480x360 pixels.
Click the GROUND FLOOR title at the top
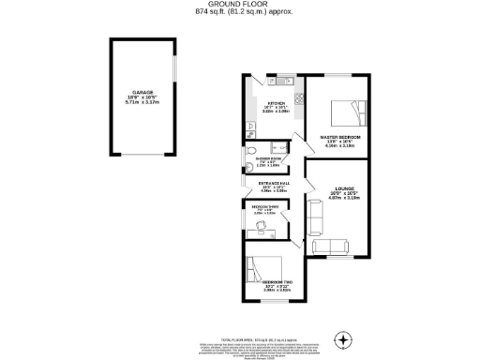point(240,5)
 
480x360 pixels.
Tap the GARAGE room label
point(142,91)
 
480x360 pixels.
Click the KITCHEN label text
point(277,103)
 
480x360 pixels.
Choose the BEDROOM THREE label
point(263,206)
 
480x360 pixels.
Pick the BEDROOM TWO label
point(275,281)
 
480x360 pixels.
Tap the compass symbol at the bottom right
point(345,337)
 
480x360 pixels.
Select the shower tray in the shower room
point(277,147)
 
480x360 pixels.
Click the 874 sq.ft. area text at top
point(240,12)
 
